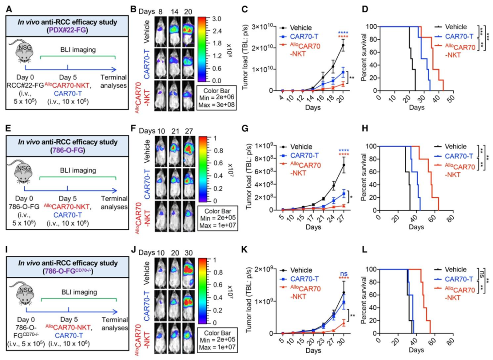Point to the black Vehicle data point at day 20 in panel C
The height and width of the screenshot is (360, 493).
click(x=342, y=45)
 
